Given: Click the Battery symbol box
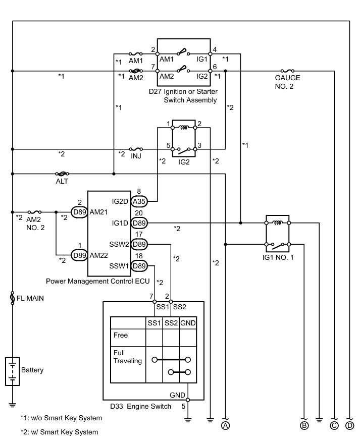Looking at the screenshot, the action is point(13,371).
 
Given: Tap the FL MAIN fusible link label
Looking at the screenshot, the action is point(30,298).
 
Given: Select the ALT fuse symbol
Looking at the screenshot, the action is point(62,174).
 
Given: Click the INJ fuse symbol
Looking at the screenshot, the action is point(136,149).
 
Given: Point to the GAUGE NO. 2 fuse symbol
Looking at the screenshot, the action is point(287,71).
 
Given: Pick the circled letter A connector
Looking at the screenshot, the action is point(225,425).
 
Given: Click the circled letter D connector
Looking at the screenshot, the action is point(349,425).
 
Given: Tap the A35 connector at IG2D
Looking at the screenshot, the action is point(139,201).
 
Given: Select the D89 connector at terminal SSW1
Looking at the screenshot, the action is point(139,266).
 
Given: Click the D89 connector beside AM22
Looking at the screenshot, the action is point(79,255).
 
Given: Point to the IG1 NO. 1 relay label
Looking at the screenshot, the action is point(278,257).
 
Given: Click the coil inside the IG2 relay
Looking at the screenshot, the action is point(184,128).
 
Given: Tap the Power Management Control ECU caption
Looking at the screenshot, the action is point(97,281).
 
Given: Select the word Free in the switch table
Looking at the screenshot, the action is point(121,335).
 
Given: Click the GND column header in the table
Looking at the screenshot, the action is point(188,323).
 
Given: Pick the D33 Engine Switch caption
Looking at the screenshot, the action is point(140,407).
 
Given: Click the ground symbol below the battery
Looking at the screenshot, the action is point(13,405).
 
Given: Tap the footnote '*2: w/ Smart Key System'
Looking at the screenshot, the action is point(59,432).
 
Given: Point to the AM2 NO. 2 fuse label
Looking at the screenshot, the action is point(35,224).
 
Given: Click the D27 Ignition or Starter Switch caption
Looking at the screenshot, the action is point(183,96).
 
